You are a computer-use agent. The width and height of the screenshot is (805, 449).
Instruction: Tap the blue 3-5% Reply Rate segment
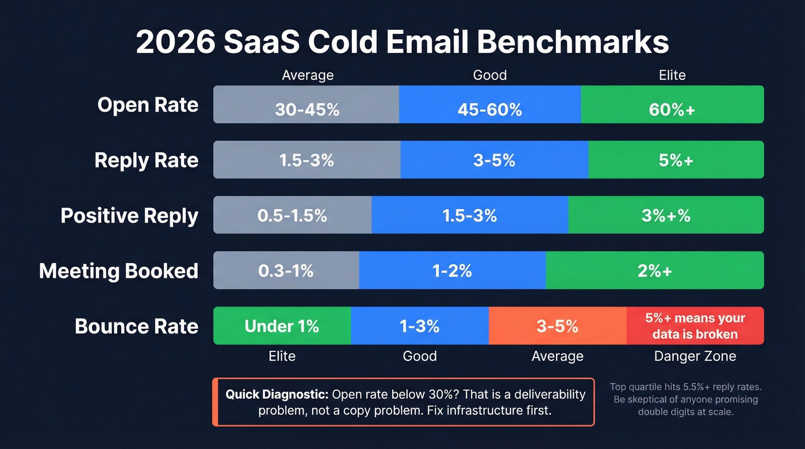(x=494, y=160)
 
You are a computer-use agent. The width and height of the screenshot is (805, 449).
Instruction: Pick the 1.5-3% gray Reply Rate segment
(x=306, y=160)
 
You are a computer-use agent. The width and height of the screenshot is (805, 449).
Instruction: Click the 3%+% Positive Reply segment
(x=666, y=215)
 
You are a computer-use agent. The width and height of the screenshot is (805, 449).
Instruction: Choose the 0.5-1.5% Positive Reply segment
(x=292, y=215)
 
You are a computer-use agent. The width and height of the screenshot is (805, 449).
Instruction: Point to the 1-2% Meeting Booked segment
(x=452, y=270)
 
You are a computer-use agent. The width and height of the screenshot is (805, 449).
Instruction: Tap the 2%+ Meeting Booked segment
(x=654, y=270)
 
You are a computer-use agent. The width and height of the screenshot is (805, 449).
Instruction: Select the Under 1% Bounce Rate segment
(x=282, y=326)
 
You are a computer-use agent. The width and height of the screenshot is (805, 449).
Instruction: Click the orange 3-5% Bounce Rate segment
(x=557, y=326)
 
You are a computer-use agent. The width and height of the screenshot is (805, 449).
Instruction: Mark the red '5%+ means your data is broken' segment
(x=695, y=326)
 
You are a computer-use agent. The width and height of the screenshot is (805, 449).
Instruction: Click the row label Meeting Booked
(x=118, y=271)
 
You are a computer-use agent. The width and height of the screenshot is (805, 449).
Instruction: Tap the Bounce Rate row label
(x=136, y=326)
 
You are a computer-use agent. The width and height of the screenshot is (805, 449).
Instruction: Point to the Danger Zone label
(x=695, y=356)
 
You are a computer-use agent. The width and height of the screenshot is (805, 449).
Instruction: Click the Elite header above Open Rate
(x=672, y=75)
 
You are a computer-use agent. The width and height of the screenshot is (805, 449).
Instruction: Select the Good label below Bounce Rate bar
(x=420, y=356)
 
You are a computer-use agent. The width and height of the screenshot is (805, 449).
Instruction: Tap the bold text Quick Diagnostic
(x=277, y=394)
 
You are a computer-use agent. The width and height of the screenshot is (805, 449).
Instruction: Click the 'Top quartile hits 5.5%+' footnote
(x=685, y=387)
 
